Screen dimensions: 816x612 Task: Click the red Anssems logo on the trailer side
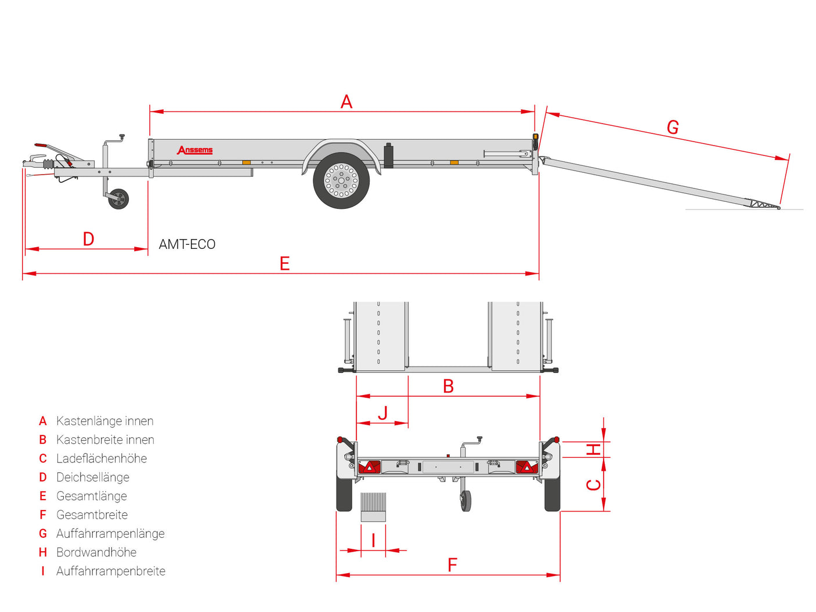tap(194, 150)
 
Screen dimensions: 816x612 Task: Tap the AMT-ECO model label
tap(187, 244)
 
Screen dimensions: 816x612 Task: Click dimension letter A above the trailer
tap(346, 102)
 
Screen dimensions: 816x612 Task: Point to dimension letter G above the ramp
tap(673, 127)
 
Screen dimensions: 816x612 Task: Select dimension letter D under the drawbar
tap(88, 239)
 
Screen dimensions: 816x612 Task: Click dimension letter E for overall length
tap(284, 263)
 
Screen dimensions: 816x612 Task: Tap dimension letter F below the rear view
tap(452, 565)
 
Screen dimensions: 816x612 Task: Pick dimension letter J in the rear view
tap(383, 413)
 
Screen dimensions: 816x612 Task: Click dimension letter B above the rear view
tap(448, 386)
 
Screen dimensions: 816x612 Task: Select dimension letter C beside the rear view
tap(593, 485)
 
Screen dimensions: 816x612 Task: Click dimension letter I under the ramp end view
tap(373, 540)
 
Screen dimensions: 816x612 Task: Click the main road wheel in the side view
tap(341, 180)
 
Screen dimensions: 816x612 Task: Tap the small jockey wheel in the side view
tap(118, 199)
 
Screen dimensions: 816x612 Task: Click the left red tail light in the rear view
tap(369, 467)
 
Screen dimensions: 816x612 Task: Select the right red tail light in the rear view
tap(526, 467)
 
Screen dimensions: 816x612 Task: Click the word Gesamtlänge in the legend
tap(92, 496)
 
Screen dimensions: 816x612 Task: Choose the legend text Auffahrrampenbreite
tap(111, 571)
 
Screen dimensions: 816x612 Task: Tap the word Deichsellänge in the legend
tap(93, 477)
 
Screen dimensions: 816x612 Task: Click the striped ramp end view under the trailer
tap(373, 507)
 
